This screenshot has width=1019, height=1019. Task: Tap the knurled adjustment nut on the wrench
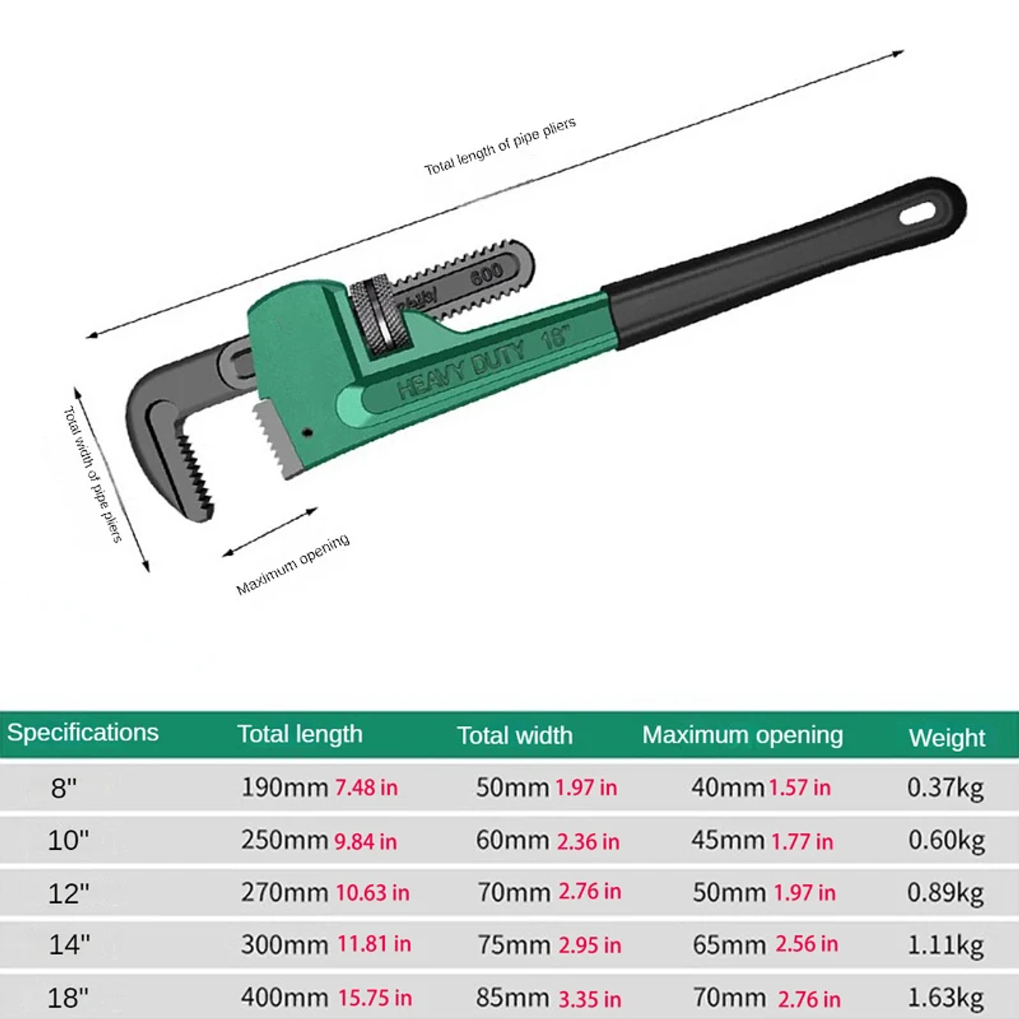coord(381,316)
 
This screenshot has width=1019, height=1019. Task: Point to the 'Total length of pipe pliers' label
coord(500,146)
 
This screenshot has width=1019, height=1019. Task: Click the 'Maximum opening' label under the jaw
coord(292,564)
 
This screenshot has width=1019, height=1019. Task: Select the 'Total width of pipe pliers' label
coord(93,474)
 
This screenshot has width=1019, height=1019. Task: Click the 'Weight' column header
coord(946,737)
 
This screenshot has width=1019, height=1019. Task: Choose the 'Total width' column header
coord(514,735)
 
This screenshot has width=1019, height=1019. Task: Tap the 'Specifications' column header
coord(83,732)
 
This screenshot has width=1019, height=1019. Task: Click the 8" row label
coord(64,788)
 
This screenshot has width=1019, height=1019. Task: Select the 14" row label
coord(69,945)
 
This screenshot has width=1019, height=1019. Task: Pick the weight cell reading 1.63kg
coord(945,998)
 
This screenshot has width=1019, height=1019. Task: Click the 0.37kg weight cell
coord(945,788)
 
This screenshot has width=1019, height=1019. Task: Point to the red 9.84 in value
coord(365,841)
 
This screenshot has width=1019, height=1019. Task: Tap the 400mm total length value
coord(284,997)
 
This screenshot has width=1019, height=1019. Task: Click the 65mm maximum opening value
coord(729,945)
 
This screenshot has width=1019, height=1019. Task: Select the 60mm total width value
coord(512,841)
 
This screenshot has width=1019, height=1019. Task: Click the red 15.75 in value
coord(375,998)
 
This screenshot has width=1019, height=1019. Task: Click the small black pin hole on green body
coord(307,432)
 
